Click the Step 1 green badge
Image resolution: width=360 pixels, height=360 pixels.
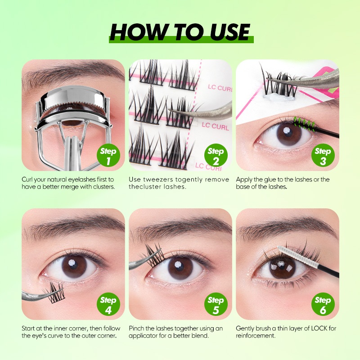[x=108, y=155]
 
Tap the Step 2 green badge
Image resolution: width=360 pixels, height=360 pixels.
[x=216, y=155]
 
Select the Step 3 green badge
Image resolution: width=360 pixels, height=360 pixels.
[x=323, y=155]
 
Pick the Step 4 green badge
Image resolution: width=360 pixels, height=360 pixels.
[x=108, y=304]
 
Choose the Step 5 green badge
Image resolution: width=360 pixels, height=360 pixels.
[x=216, y=304]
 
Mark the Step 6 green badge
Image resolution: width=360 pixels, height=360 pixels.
[x=323, y=304]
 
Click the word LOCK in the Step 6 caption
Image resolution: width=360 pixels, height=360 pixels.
[x=319, y=328]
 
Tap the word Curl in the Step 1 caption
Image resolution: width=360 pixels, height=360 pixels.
[x=27, y=180]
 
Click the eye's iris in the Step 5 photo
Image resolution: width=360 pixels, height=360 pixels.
[x=180, y=268]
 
